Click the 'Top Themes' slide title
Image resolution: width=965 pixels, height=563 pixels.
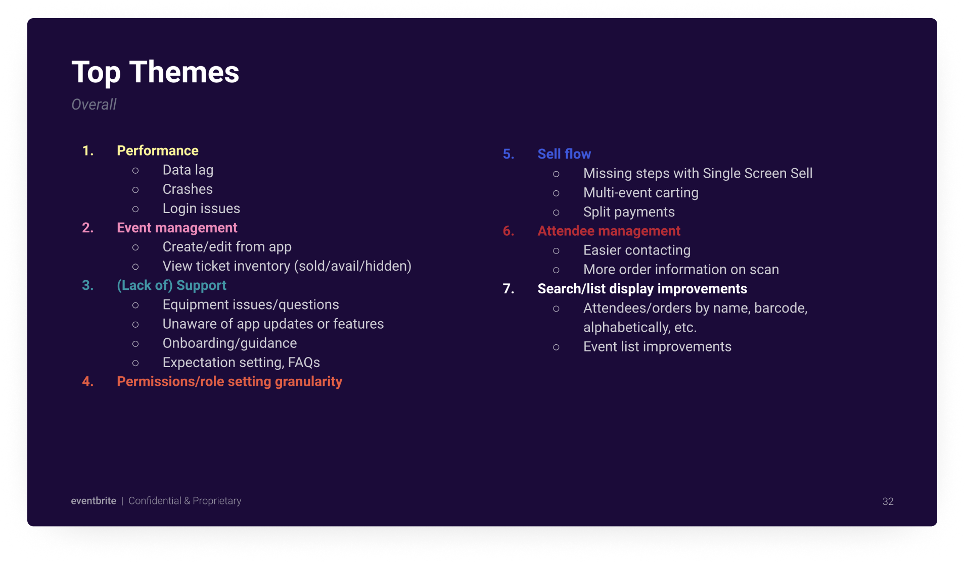pyautogui.click(x=155, y=72)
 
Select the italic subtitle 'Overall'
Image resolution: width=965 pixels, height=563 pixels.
pyautogui.click(x=94, y=105)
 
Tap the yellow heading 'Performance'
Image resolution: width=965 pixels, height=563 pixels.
pyautogui.click(x=157, y=150)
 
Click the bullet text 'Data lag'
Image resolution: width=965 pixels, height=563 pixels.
pyautogui.click(x=188, y=170)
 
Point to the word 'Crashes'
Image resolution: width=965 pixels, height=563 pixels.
pyautogui.click(x=188, y=189)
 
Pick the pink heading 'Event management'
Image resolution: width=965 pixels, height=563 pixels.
pyautogui.click(x=177, y=228)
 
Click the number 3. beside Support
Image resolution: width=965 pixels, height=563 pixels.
pyautogui.click(x=88, y=285)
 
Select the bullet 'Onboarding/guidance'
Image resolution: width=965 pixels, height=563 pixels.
pyautogui.click(x=229, y=343)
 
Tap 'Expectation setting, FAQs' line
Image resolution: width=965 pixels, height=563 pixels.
pyautogui.click(x=241, y=363)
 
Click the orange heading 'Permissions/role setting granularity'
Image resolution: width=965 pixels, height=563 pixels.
pyautogui.click(x=229, y=382)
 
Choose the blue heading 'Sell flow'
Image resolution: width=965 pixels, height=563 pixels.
pyautogui.click(x=564, y=154)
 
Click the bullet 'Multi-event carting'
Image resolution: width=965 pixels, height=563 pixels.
pyautogui.click(x=640, y=193)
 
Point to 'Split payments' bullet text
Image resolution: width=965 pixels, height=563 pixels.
pyautogui.click(x=629, y=212)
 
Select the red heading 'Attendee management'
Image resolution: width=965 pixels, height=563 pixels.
pyautogui.click(x=609, y=231)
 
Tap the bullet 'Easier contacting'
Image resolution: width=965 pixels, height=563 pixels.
pyautogui.click(x=636, y=250)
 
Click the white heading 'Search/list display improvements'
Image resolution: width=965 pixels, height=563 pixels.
pyautogui.click(x=642, y=289)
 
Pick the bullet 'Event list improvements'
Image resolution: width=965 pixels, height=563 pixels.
pyautogui.click(x=657, y=347)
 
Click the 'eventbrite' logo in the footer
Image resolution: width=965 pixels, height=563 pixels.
pyautogui.click(x=94, y=501)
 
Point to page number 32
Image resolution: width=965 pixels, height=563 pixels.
pyautogui.click(x=888, y=501)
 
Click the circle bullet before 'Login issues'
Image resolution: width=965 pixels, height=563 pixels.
pyautogui.click(x=135, y=209)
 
